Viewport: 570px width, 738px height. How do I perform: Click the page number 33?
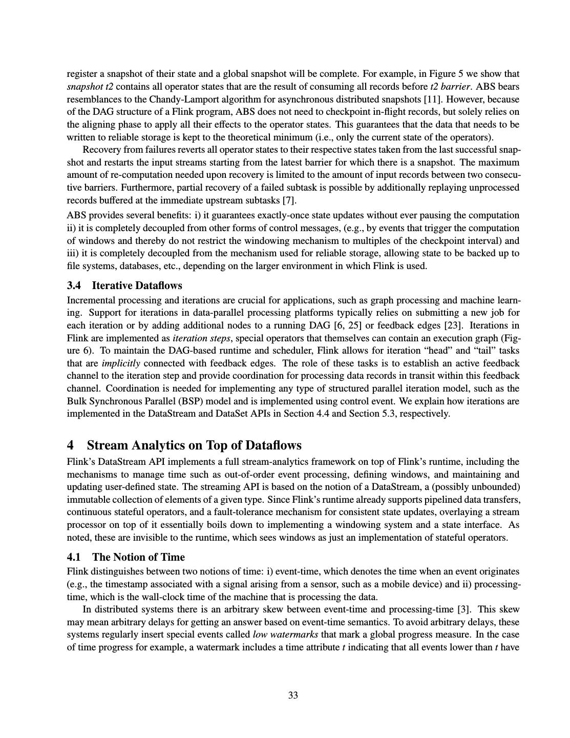(x=293, y=695)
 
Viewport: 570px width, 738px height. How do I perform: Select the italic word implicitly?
(x=121, y=363)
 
